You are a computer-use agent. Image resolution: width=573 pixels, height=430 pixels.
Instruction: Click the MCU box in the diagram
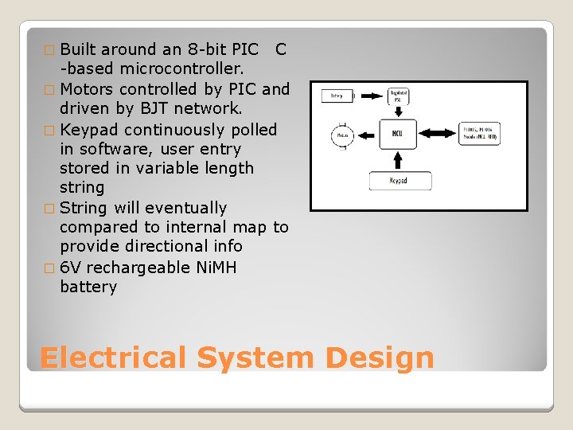tap(397, 134)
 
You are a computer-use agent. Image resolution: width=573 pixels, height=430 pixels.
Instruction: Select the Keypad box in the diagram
tap(400, 181)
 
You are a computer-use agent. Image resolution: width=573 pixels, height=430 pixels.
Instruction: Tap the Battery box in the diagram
tap(337, 96)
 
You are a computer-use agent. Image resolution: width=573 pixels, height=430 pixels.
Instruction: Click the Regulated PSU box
tap(398, 96)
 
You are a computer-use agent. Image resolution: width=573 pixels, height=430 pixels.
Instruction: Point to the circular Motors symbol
tap(341, 135)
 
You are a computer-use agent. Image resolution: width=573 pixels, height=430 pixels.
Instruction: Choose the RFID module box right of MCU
tap(480, 134)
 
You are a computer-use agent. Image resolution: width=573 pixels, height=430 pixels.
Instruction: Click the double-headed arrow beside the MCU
tap(440, 134)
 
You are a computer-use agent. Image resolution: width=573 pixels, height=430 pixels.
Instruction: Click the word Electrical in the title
tap(114, 358)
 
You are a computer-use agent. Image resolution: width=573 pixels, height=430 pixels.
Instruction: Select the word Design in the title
tap(380, 358)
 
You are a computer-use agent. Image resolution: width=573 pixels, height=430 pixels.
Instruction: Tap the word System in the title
tap(255, 358)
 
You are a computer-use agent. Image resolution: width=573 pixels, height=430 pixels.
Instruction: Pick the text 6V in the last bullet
tap(70, 267)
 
